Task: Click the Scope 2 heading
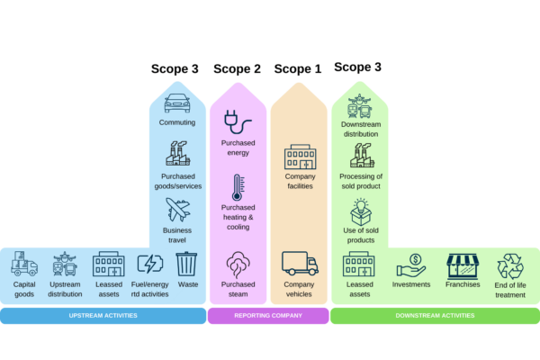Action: [x=237, y=68]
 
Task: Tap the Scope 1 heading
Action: [x=297, y=68]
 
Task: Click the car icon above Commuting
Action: [x=177, y=103]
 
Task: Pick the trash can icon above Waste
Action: [x=186, y=264]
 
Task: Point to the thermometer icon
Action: [x=238, y=187]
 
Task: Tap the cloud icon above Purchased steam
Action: [x=238, y=264]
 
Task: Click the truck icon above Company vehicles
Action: [x=300, y=263]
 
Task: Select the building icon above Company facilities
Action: [x=300, y=159]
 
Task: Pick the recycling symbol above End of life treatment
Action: [x=510, y=265]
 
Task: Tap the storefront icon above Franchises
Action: [x=463, y=265]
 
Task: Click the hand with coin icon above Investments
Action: [x=411, y=265]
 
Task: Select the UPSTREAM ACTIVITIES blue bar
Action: [x=103, y=316]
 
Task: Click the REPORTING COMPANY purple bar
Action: [x=268, y=316]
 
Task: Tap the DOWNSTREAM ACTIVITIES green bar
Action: [x=435, y=316]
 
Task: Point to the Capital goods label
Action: [x=25, y=288]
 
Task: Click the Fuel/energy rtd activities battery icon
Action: [x=148, y=265]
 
